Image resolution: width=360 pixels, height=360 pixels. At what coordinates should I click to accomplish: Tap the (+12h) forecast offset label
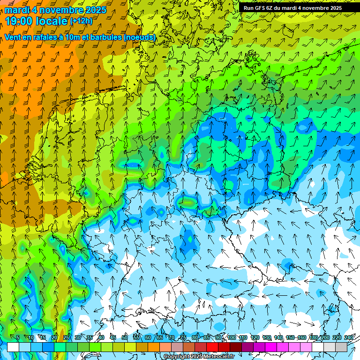pyautogui.click(x=81, y=21)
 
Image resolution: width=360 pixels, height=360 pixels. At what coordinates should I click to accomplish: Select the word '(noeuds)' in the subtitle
pyautogui.click(x=140, y=37)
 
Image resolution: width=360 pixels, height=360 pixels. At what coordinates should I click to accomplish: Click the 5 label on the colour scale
pyautogui.click(x=18, y=338)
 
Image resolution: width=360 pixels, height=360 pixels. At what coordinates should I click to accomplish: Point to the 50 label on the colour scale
pyautogui.click(x=124, y=338)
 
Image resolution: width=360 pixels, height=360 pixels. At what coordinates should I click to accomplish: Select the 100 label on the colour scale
pyautogui.click(x=231, y=338)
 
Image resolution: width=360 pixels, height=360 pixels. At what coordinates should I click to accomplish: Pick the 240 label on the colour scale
pyautogui.click(x=349, y=338)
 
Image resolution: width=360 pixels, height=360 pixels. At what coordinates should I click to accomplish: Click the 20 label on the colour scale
pyautogui.click(x=54, y=338)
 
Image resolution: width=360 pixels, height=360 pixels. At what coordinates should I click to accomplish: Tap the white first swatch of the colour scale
pyautogui.click(x=13, y=347)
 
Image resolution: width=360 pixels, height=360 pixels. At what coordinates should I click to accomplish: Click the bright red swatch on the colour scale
pyautogui.click(x=212, y=347)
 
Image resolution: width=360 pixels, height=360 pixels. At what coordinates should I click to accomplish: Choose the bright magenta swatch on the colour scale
pyautogui.click(x=271, y=347)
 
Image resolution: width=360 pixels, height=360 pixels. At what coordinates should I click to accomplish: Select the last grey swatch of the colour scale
pyautogui.click(x=341, y=347)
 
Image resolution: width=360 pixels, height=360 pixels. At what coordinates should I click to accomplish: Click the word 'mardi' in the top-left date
pyautogui.click(x=17, y=10)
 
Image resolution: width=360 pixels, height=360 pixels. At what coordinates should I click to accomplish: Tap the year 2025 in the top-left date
pyautogui.click(x=94, y=10)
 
